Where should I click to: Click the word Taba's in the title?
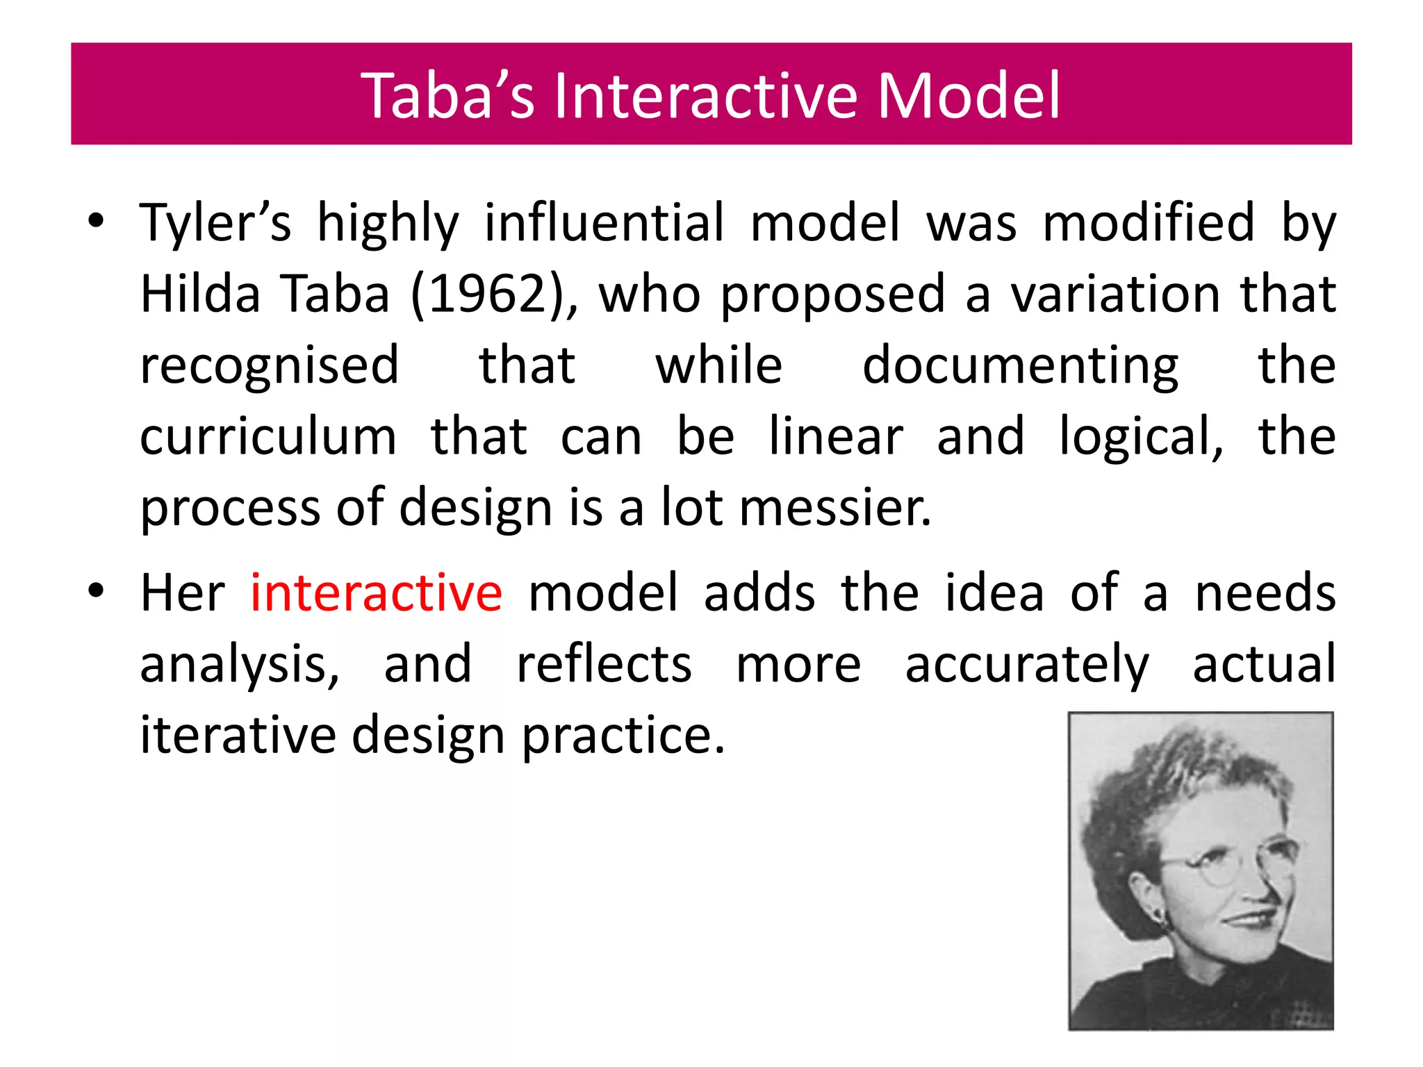tap(448, 95)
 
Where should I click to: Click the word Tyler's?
tap(215, 223)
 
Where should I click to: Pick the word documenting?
tap(1020, 365)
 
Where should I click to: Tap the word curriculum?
tap(268, 437)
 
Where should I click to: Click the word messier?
tap(834, 508)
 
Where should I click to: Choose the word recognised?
tap(270, 365)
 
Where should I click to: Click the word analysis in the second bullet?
tap(240, 664)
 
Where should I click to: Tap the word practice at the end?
tap(623, 735)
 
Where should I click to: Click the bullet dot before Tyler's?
tap(96, 222)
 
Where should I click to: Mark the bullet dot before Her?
tap(96, 591)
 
